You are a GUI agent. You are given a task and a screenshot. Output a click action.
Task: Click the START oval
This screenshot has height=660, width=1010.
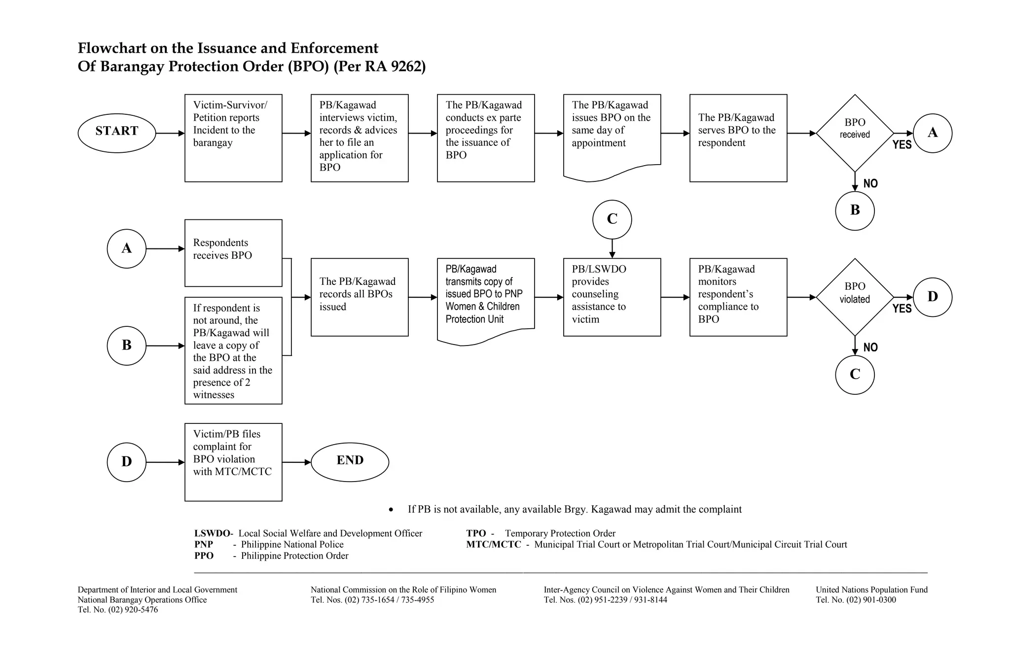coord(117,133)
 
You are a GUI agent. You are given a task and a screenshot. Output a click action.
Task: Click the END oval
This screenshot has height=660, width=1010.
coord(350,462)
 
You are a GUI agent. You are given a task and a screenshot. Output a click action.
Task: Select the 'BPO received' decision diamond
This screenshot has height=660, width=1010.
coord(855,133)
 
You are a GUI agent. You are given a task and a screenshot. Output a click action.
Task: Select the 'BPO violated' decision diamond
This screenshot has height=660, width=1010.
coord(855,297)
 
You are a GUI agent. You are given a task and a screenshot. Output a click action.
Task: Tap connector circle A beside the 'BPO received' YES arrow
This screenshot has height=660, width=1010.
coord(932,133)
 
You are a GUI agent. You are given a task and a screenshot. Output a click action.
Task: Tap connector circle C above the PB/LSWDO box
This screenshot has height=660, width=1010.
coord(612,219)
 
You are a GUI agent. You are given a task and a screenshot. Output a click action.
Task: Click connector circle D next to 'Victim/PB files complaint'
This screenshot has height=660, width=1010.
coord(127,462)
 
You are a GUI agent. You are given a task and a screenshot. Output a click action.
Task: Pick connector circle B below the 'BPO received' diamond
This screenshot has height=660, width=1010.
coord(855,210)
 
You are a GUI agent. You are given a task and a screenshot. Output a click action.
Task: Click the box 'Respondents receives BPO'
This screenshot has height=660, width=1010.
coord(233,253)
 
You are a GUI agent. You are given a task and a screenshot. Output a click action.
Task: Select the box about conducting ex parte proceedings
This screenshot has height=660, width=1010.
coord(486,138)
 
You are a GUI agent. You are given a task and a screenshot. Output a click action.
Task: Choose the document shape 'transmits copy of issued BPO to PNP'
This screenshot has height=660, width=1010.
coord(486,298)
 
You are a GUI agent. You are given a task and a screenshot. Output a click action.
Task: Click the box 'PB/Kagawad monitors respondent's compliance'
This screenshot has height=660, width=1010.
coord(738,297)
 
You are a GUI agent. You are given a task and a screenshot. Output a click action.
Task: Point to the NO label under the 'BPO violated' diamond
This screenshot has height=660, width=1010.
coord(870,347)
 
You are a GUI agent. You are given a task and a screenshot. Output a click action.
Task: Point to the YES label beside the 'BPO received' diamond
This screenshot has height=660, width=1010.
coord(902,145)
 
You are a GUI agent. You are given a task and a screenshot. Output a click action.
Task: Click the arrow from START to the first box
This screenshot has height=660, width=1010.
coord(170,133)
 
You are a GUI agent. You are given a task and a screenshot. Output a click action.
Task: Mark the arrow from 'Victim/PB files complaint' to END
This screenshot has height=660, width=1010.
coord(296,462)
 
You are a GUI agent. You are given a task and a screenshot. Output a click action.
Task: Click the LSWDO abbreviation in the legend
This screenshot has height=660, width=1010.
coord(212,533)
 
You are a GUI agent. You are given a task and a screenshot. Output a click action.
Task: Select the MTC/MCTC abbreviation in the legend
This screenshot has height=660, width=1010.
coord(493,545)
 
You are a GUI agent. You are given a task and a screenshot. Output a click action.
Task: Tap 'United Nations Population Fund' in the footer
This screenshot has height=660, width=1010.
coord(871,590)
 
